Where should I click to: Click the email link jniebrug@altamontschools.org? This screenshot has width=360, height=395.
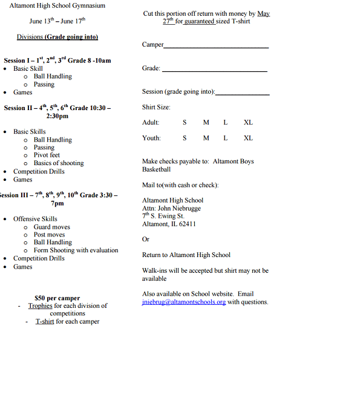click(x=183, y=302)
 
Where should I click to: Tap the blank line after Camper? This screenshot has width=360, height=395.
click(x=215, y=47)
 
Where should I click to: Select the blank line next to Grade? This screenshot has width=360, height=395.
click(x=214, y=71)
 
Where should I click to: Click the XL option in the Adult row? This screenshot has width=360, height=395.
click(x=248, y=122)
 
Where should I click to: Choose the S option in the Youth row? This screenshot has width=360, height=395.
click(x=185, y=138)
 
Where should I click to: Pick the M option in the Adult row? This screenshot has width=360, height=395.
click(x=206, y=122)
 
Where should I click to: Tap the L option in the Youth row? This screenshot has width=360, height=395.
click(x=226, y=138)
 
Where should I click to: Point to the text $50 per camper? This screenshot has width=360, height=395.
click(x=57, y=298)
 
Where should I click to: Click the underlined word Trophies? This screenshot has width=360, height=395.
click(x=41, y=305)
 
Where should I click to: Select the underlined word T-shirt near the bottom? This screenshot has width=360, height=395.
click(x=45, y=321)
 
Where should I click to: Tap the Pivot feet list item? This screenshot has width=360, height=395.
click(x=47, y=155)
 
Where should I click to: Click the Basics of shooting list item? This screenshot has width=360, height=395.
click(x=59, y=163)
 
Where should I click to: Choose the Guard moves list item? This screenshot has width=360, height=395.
click(x=51, y=227)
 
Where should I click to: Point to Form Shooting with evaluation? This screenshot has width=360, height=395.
click(x=76, y=250)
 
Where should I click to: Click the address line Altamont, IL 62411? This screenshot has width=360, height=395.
click(x=169, y=224)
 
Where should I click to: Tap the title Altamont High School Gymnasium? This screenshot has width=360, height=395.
click(x=57, y=5)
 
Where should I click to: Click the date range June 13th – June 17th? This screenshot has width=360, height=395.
click(x=57, y=21)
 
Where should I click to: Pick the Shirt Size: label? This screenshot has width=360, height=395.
click(x=156, y=107)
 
